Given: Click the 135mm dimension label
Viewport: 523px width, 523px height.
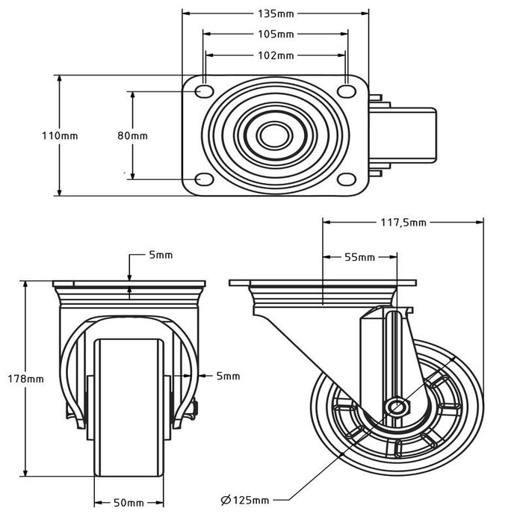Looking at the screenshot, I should tap(275, 13).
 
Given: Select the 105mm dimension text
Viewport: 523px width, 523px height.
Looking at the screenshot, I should tap(275, 34).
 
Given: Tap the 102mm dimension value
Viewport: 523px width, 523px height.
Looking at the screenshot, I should tap(275, 55).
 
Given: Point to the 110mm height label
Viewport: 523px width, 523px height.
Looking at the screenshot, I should tap(60, 135).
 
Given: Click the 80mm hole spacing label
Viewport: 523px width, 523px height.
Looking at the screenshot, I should tap(133, 135).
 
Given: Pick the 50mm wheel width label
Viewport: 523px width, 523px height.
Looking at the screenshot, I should tap(129, 502).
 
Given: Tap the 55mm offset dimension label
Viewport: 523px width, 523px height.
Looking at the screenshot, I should tap(359, 257).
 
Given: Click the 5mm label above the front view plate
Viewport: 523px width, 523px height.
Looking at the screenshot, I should tap(161, 255).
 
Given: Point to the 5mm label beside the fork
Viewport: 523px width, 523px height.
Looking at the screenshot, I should tap(228, 377).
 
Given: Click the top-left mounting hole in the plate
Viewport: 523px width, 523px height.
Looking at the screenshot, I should tap(203, 91).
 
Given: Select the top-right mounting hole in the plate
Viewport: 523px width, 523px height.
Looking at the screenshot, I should tap(346, 91).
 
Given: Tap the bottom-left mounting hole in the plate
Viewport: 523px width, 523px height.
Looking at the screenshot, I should tap(203, 179).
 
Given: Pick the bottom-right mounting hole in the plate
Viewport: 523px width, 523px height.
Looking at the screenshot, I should tap(346, 179).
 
